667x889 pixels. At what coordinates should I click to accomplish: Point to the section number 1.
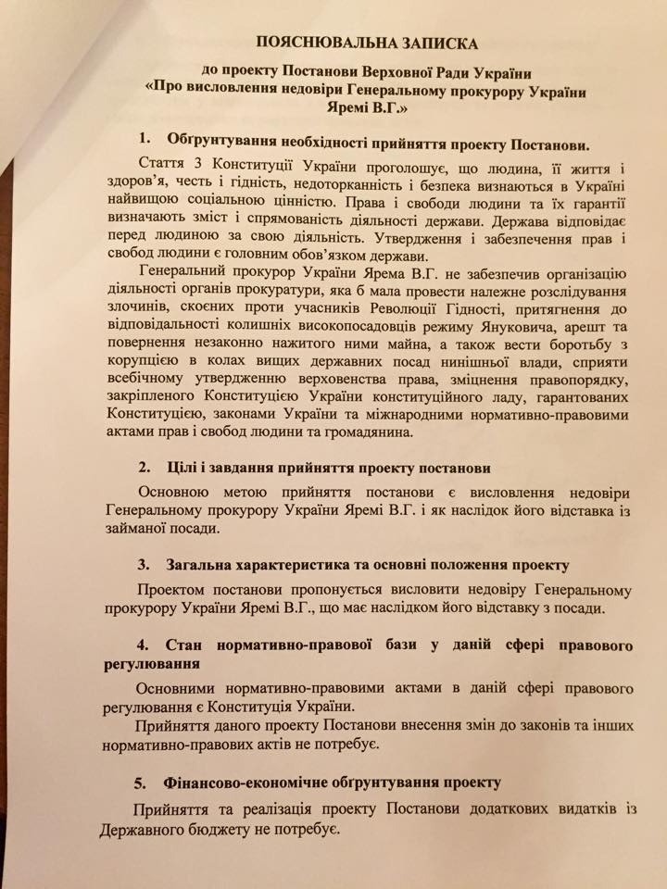145,140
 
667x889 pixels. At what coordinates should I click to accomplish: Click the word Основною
173,491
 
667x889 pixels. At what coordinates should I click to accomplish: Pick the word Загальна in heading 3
209,565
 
